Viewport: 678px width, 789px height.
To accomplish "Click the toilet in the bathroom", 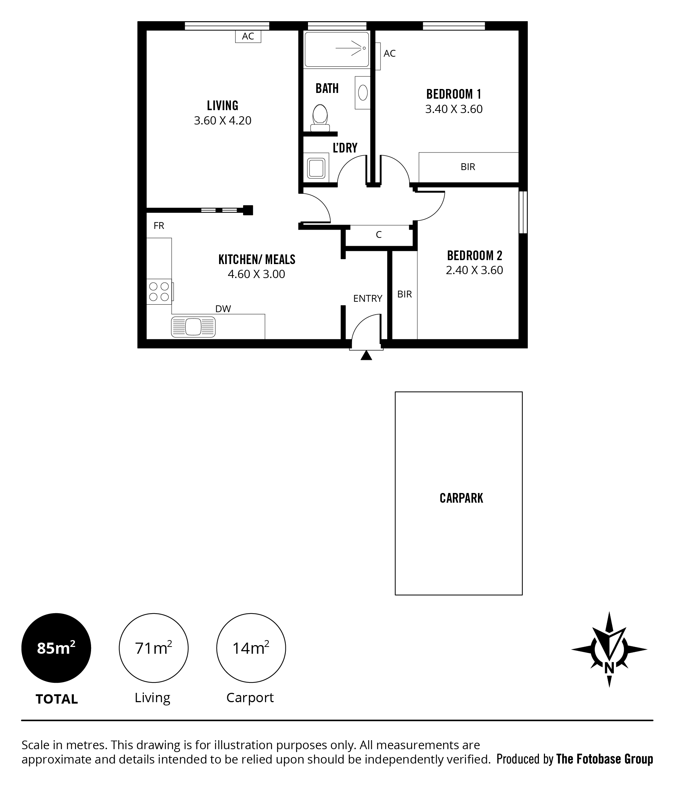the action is click(x=320, y=118).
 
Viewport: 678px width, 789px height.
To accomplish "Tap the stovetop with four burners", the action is click(x=160, y=291).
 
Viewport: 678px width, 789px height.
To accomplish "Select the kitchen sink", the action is click(x=193, y=327).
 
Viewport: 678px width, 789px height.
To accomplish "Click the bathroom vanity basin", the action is click(x=363, y=93).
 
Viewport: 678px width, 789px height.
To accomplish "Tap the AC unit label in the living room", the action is click(x=248, y=36).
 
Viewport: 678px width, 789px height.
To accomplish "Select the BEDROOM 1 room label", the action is click(x=454, y=94).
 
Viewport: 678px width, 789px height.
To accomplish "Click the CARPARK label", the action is click(x=461, y=498).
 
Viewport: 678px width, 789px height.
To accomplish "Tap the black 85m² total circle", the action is click(x=56, y=648).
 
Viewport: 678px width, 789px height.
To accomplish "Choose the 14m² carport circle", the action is click(x=251, y=648).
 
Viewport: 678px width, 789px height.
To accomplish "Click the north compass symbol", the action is click(x=609, y=650).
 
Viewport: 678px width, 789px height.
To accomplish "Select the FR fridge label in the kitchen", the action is click(x=159, y=226).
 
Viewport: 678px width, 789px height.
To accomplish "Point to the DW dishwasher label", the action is click(x=223, y=309).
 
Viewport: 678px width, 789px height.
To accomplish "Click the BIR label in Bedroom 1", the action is click(x=468, y=167).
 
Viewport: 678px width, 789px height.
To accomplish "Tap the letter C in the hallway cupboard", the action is click(x=379, y=235).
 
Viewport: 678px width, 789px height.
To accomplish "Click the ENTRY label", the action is click(x=368, y=299).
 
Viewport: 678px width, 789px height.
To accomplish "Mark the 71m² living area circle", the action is click(x=154, y=648).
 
